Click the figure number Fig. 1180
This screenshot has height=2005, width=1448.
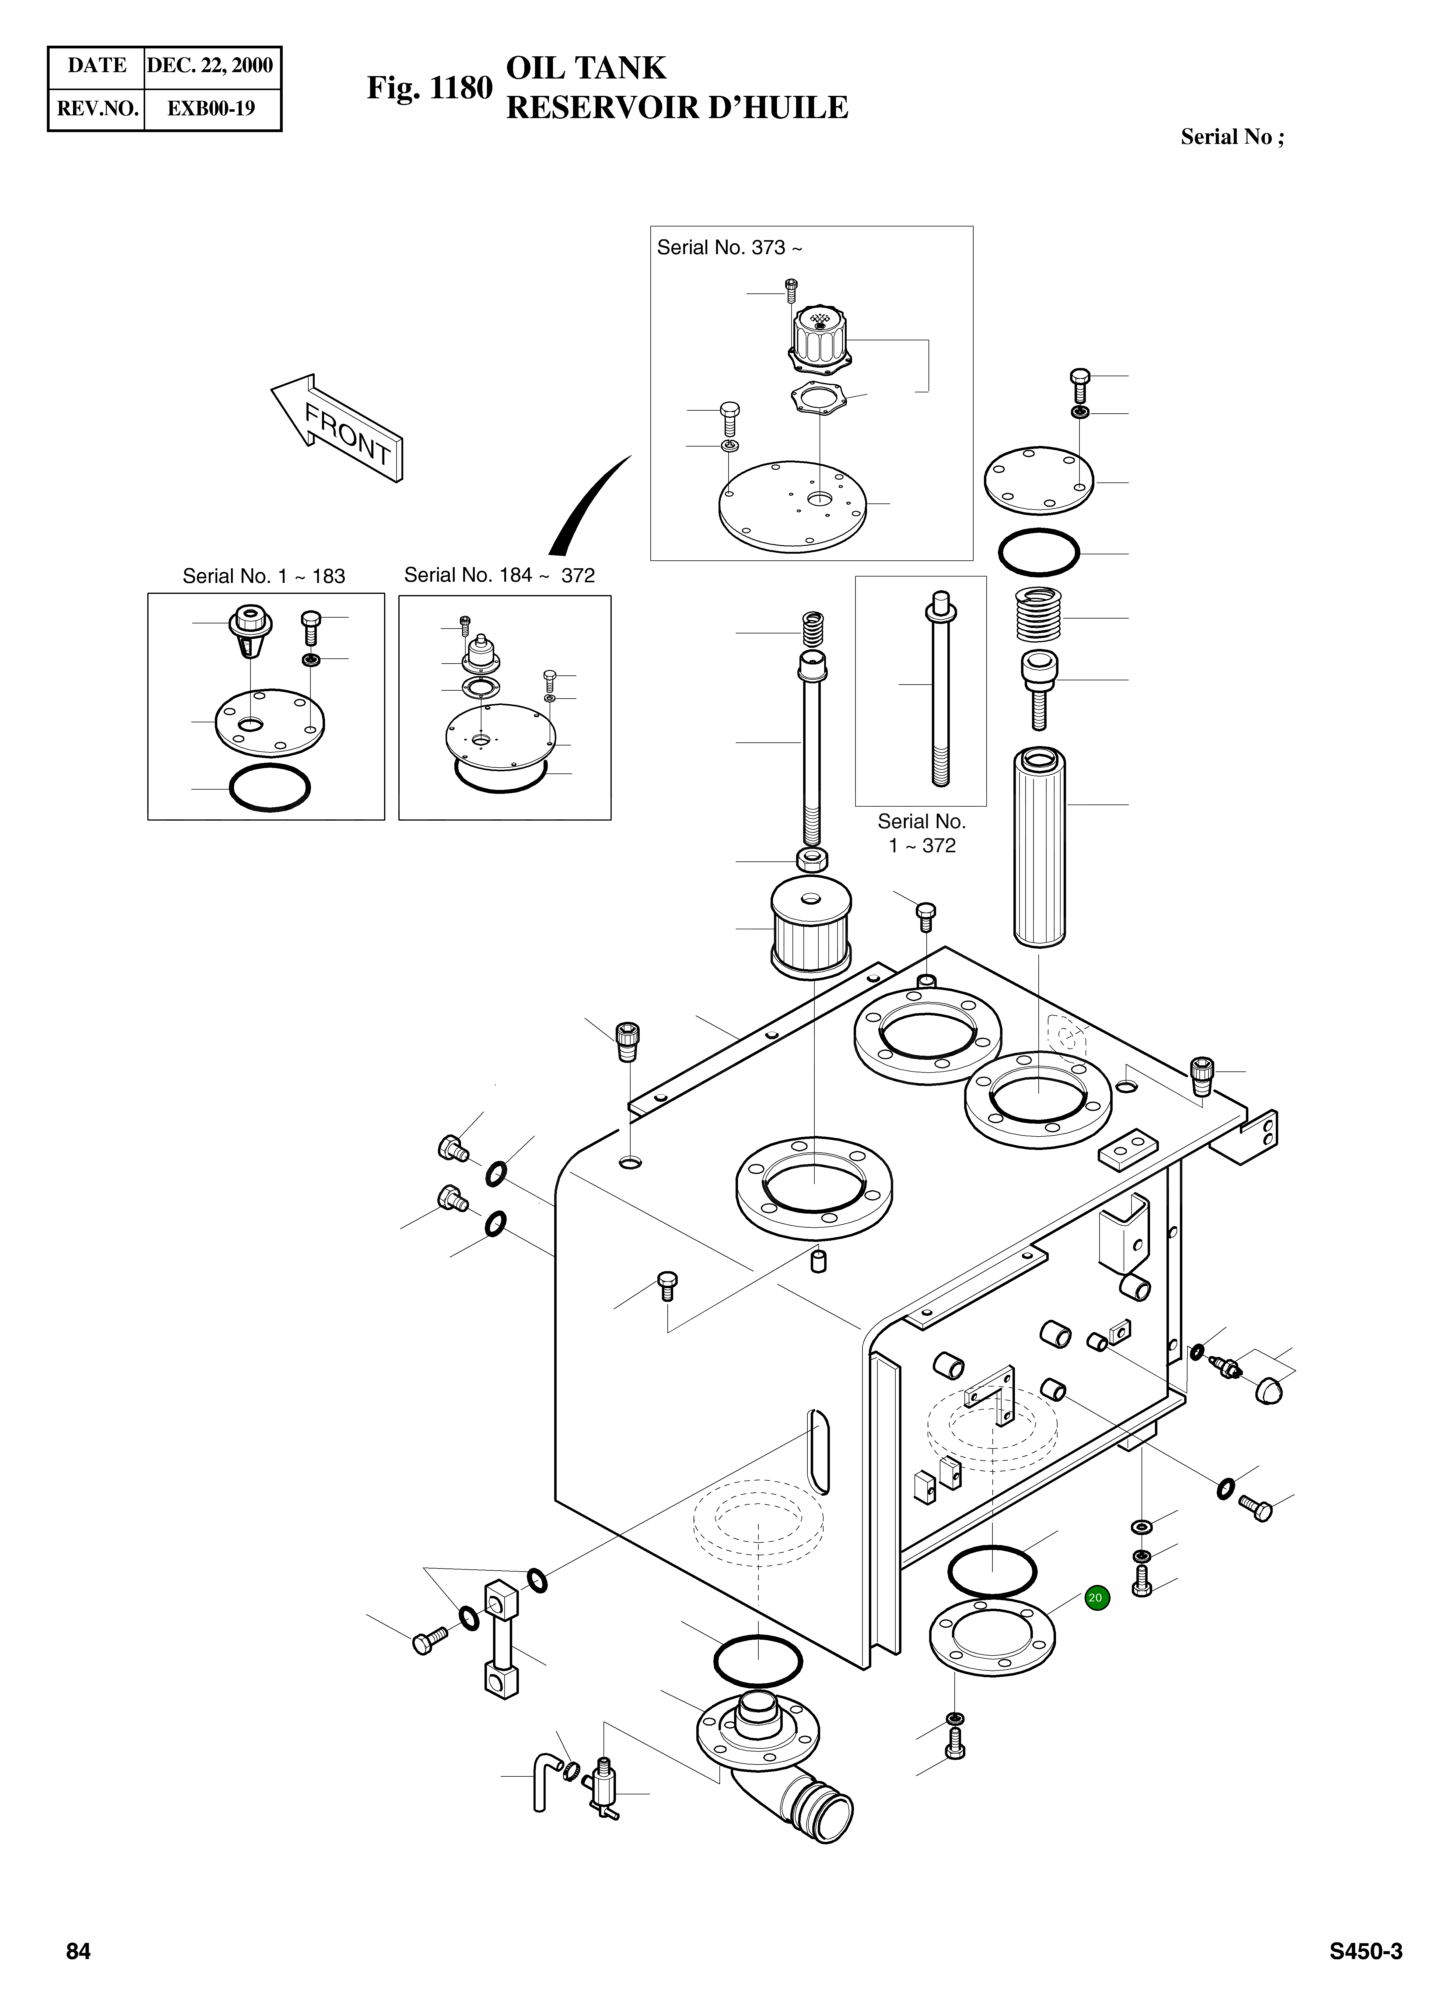(430, 88)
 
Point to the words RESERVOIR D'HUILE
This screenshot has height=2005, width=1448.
(676, 108)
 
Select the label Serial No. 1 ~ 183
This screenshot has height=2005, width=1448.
(264, 577)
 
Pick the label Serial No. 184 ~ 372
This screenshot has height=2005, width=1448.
(499, 576)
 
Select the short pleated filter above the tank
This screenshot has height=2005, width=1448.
(812, 928)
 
